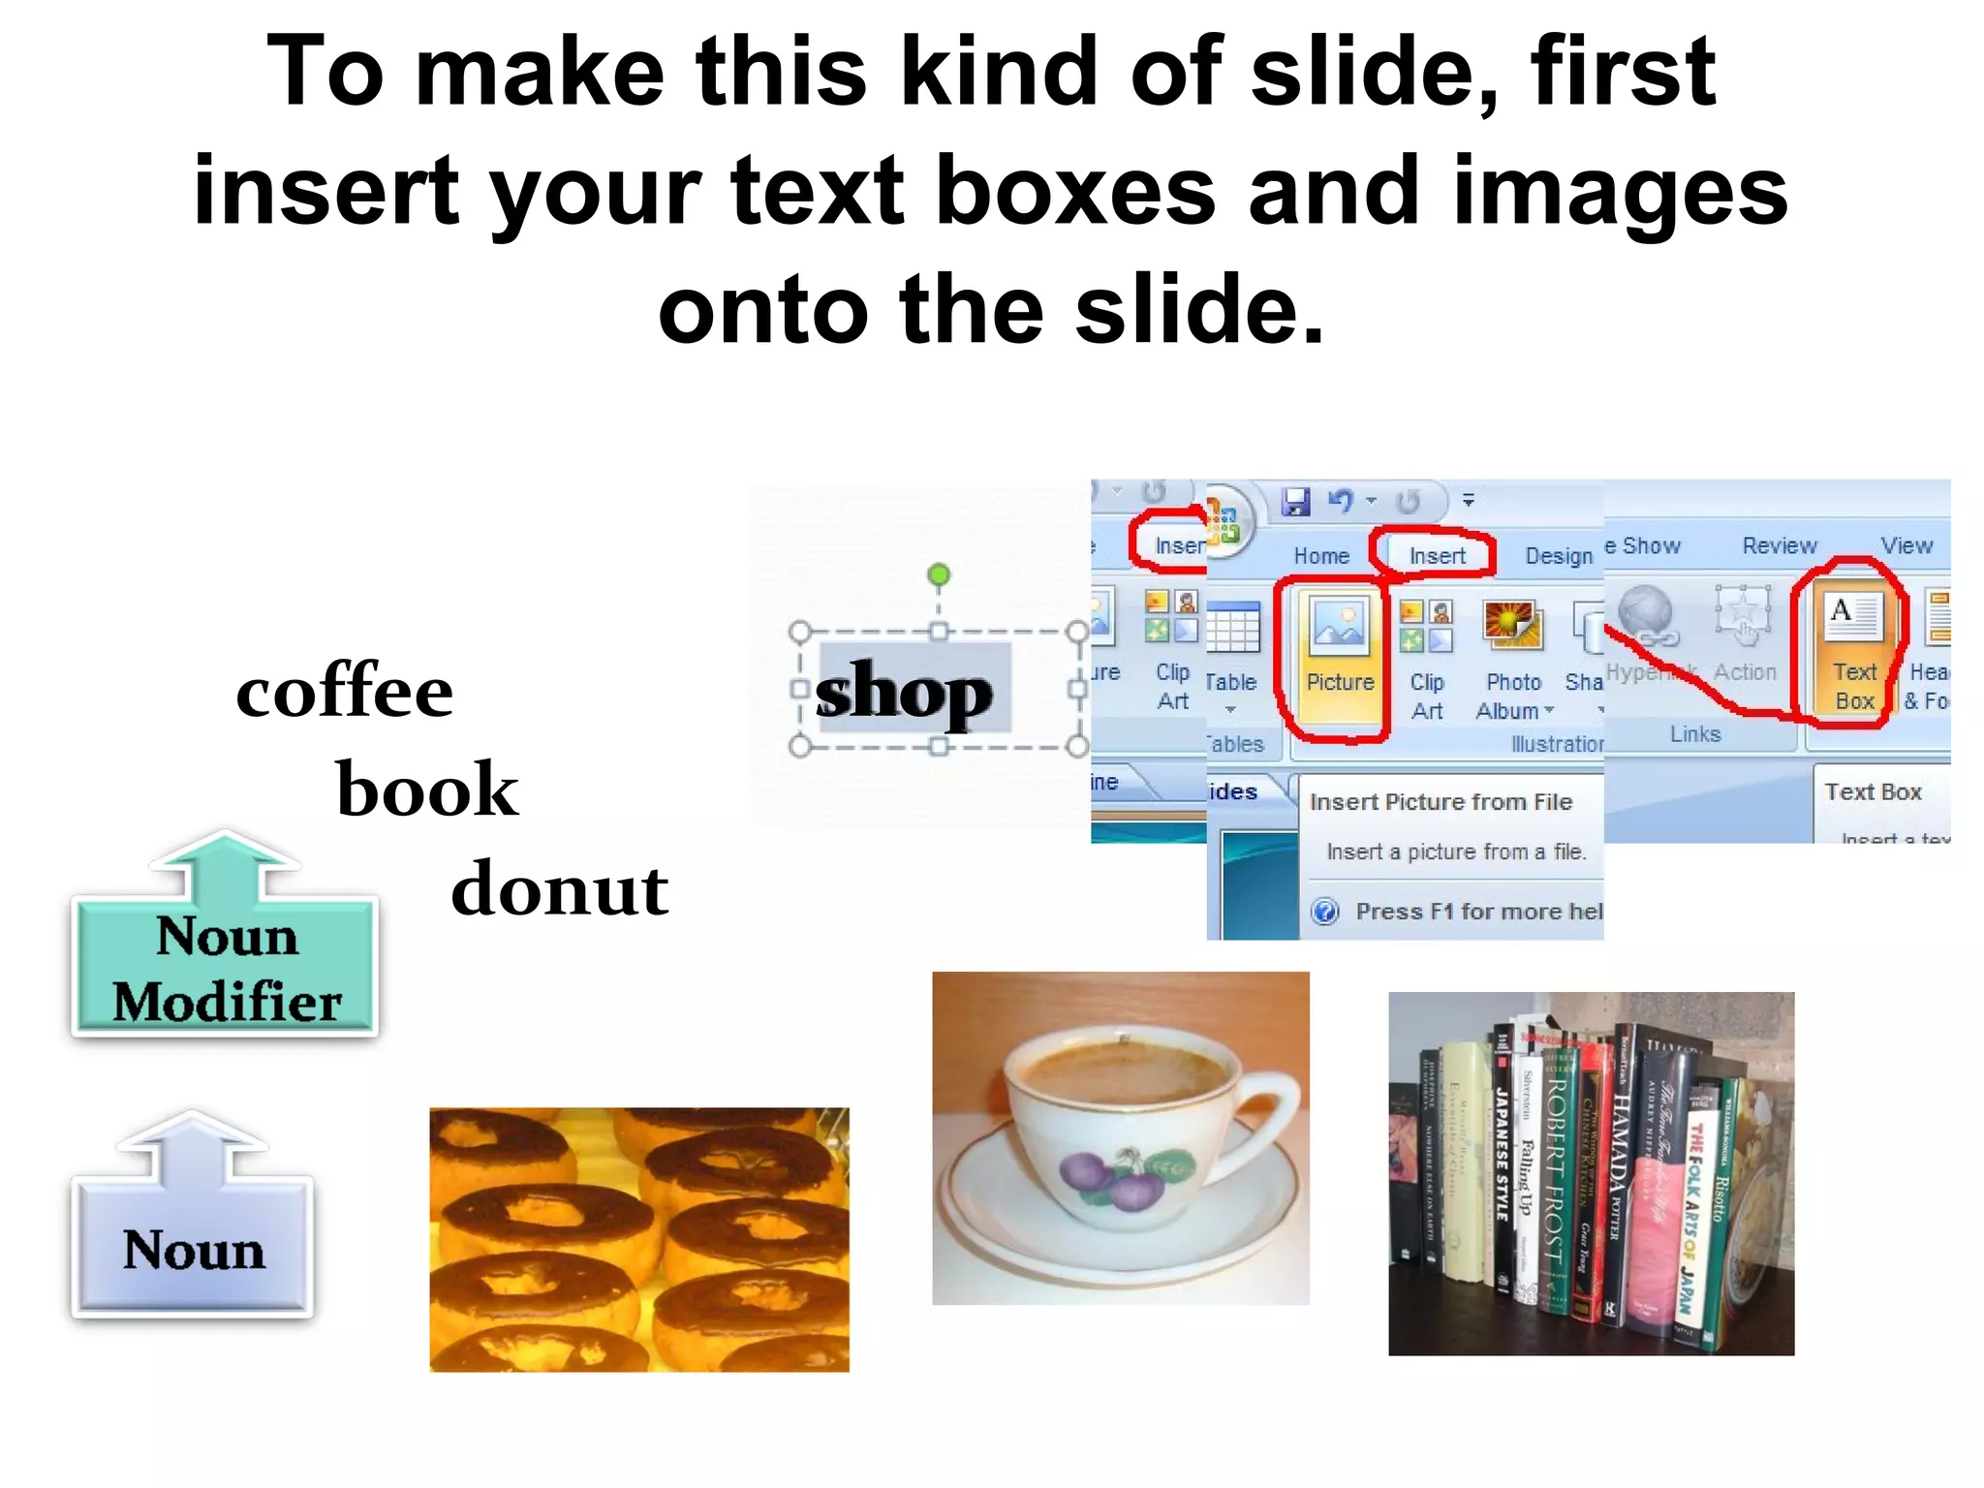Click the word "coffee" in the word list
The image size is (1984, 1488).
[344, 692]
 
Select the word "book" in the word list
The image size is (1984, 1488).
[427, 790]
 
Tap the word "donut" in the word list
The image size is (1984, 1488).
[559, 889]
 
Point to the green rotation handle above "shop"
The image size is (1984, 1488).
[938, 575]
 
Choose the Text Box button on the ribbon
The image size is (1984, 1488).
[1853, 649]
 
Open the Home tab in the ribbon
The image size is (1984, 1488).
[1321, 556]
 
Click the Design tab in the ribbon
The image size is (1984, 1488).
[1558, 556]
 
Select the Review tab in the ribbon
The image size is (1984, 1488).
[1779, 546]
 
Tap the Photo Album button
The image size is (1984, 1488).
[1513, 659]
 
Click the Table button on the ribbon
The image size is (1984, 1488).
[1231, 649]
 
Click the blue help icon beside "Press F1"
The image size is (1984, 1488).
[1324, 912]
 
